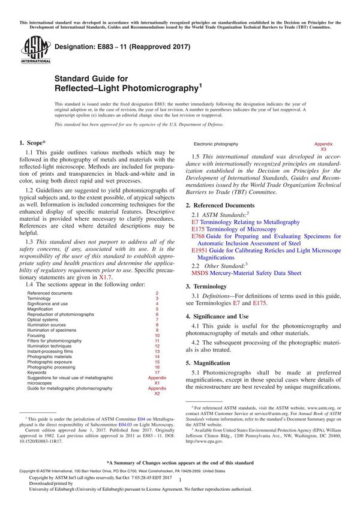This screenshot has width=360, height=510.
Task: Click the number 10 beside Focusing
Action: (x=157, y=335)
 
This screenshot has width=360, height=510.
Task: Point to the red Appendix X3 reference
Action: (x=323, y=146)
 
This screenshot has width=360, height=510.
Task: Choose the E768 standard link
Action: (x=198, y=237)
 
